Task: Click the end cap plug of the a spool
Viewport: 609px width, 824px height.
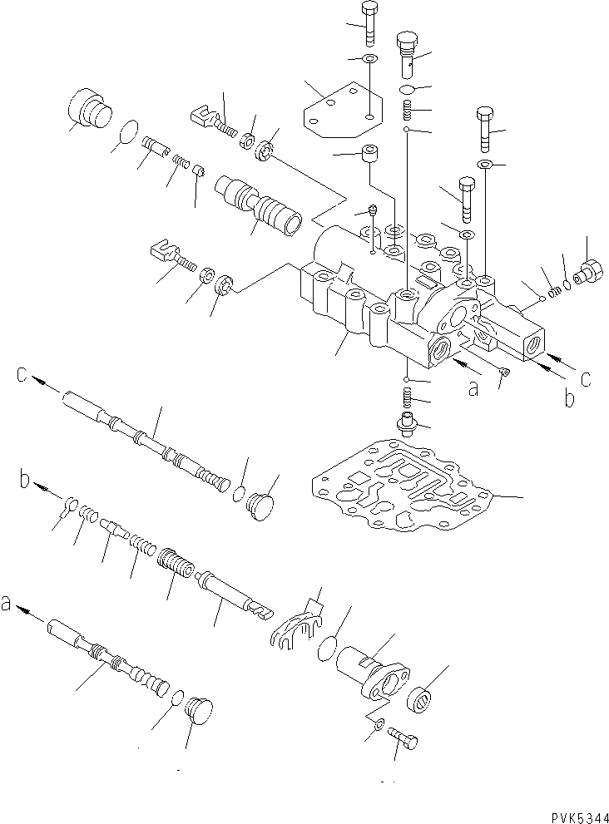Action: (196, 712)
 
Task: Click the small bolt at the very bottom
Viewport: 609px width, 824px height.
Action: (404, 739)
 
